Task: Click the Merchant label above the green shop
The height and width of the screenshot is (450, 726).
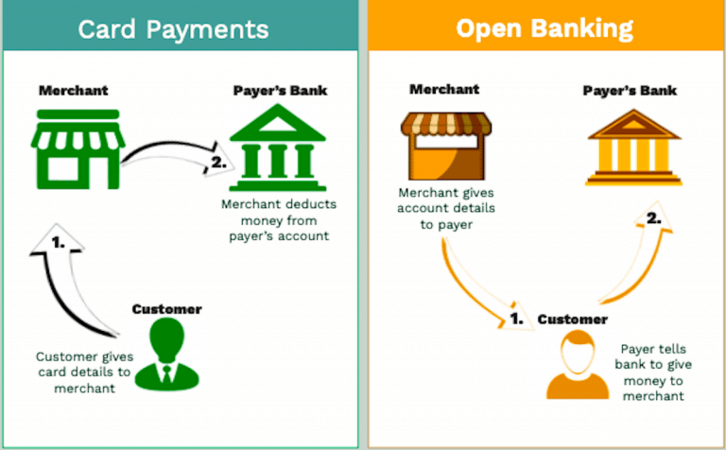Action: (73, 91)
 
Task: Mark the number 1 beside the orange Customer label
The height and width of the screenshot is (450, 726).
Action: (515, 319)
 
